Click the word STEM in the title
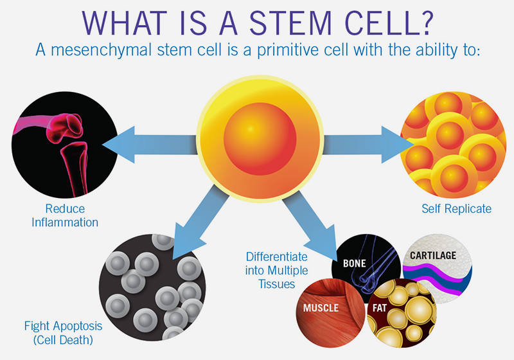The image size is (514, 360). click(x=290, y=23)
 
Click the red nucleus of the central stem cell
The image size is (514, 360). click(x=260, y=139)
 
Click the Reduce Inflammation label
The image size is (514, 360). click(x=65, y=215)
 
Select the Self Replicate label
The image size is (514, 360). click(x=456, y=209)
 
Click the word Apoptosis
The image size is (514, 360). click(x=78, y=327)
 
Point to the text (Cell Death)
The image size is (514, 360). click(x=63, y=340)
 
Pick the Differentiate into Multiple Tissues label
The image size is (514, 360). click(x=277, y=271)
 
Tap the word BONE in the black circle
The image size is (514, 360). click(x=355, y=264)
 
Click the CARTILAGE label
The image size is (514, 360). click(x=433, y=255)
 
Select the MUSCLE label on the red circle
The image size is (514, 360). click(x=321, y=308)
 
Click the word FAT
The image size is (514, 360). click(x=380, y=308)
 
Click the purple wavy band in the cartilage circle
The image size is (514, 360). click(x=436, y=275)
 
